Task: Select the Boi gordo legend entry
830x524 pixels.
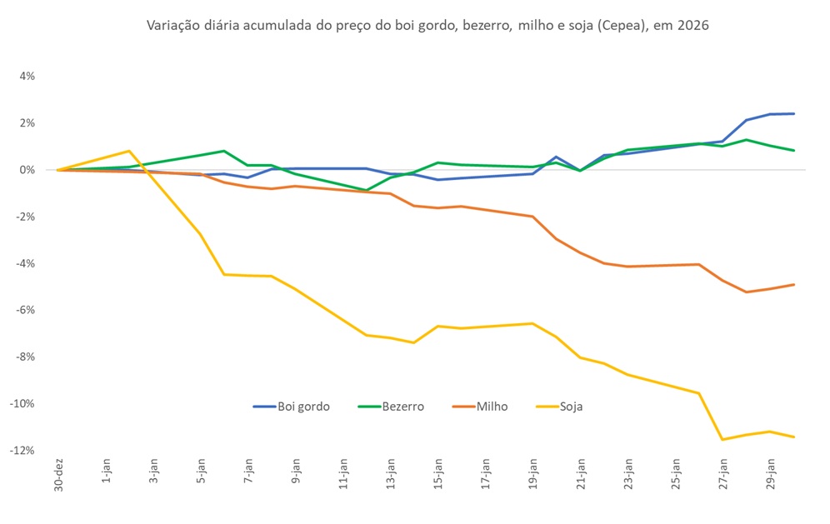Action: pyautogui.click(x=292, y=407)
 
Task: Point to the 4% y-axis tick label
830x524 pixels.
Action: pyautogui.click(x=25, y=76)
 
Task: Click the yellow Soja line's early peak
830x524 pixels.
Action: pyautogui.click(x=129, y=151)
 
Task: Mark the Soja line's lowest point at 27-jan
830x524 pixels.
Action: pyautogui.click(x=722, y=439)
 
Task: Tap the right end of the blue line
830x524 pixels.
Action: pyautogui.click(x=793, y=113)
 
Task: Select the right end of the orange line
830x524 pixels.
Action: pyautogui.click(x=793, y=284)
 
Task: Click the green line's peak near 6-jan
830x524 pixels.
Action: pyautogui.click(x=224, y=151)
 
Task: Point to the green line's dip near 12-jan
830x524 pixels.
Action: pyautogui.click(x=367, y=190)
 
